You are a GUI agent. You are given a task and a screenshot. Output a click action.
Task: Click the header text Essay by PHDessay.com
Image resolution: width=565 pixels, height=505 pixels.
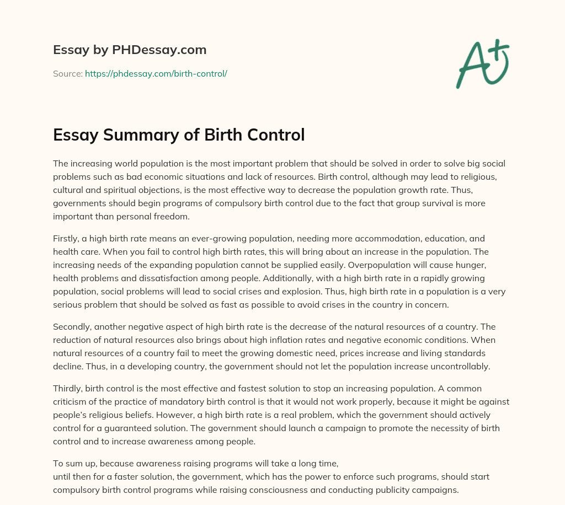(130, 50)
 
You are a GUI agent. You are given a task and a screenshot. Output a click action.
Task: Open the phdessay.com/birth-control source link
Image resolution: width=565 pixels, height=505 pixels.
(156, 73)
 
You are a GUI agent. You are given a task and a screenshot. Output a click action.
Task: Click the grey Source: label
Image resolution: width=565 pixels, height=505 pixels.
(68, 73)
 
